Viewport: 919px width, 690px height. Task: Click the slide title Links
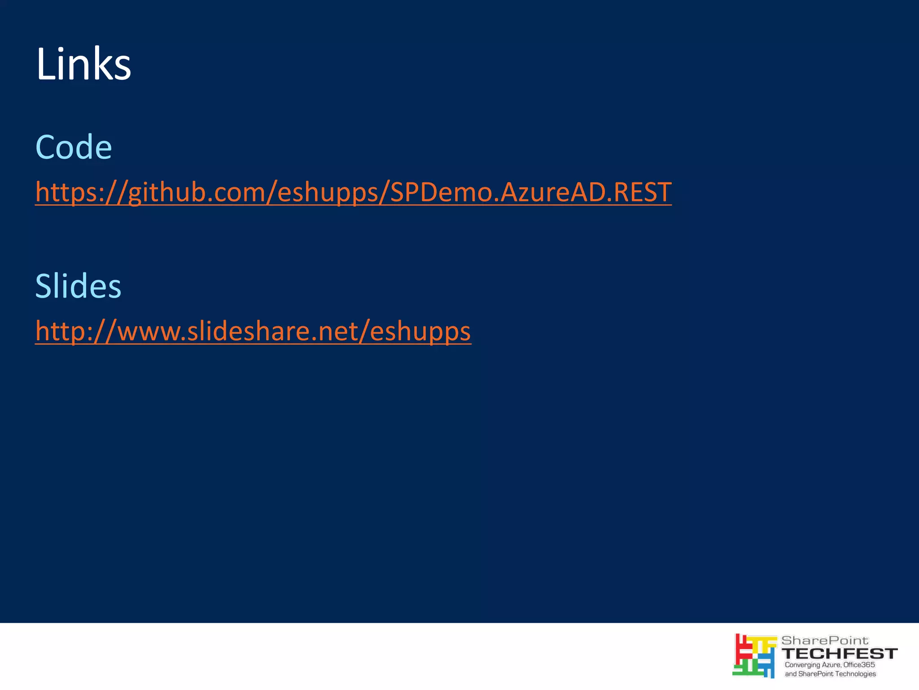[x=83, y=64]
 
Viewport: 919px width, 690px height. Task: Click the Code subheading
[x=74, y=147]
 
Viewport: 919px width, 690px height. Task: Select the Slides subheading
[x=78, y=286]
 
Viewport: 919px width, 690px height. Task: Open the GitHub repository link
[x=353, y=192]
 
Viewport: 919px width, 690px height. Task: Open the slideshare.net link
[x=253, y=331]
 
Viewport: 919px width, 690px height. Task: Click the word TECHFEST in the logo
[x=840, y=653]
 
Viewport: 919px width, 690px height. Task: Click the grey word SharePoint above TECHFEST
[x=825, y=640]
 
